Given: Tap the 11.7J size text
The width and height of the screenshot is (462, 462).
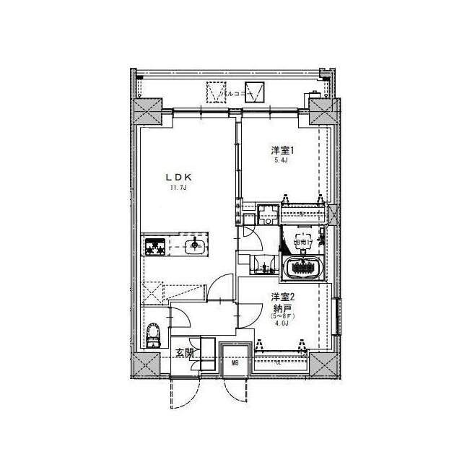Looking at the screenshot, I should point(178,189).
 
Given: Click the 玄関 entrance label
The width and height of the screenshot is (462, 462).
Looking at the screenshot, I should point(185,353).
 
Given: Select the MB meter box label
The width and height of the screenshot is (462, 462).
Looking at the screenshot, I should point(235,363).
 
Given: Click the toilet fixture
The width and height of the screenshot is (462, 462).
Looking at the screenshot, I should point(152,335).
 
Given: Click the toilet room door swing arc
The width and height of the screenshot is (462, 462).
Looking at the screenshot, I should point(179,317).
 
